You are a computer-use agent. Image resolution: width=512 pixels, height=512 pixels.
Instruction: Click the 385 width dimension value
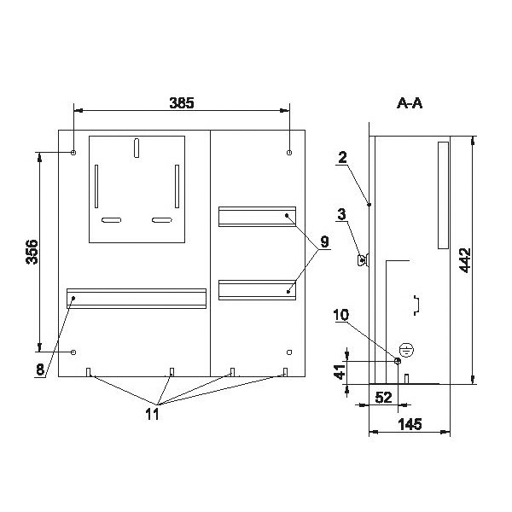182,103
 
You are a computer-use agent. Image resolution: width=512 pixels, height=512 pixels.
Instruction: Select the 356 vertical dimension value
32,252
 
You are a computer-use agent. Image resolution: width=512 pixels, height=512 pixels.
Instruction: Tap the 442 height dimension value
465,260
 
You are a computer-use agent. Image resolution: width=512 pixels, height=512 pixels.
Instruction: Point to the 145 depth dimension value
410,424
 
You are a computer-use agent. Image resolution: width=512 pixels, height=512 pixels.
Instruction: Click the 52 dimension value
383,398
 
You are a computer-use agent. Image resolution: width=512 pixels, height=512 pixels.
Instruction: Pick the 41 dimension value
340,371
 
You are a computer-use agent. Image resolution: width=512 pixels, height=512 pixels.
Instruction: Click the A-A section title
410,103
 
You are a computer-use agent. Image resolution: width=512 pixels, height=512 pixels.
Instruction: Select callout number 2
342,158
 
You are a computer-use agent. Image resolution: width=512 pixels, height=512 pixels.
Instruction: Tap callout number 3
341,214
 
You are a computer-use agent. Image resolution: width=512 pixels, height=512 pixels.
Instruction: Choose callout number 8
40,369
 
